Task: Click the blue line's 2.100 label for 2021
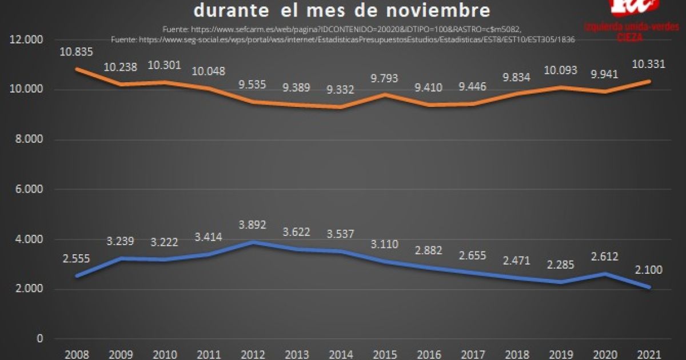coord(649,270)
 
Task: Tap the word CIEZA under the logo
coord(630,37)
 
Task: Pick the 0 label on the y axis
coord(39,339)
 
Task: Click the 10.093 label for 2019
coord(561,71)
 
